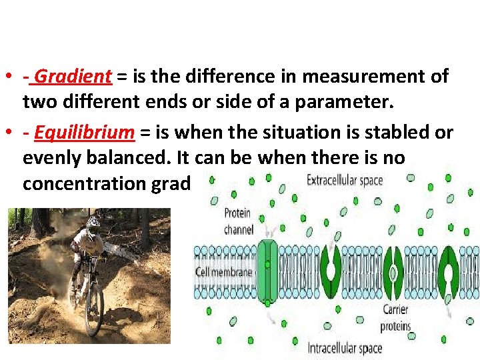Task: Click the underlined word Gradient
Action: pyautogui.click(x=73, y=77)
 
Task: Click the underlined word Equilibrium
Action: pyautogui.click(x=84, y=133)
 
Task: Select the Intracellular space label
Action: pyautogui.click(x=345, y=348)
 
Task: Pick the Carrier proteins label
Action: pyautogui.click(x=397, y=318)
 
